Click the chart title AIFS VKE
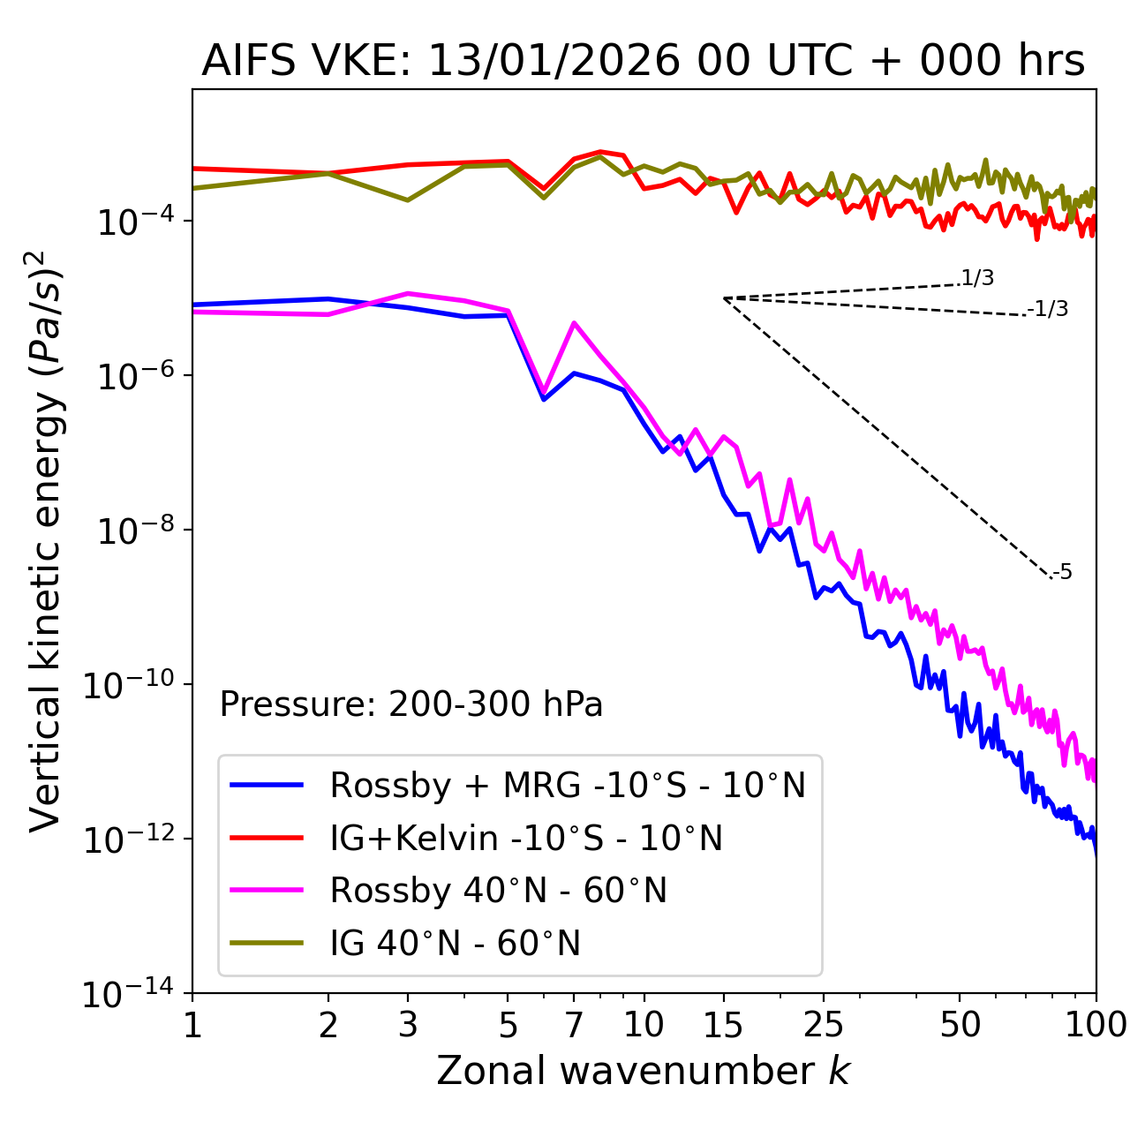[x=643, y=61]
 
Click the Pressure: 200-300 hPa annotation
[x=411, y=704]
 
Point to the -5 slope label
[x=1063, y=573]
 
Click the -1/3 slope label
[x=1049, y=309]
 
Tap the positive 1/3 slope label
[x=978, y=279]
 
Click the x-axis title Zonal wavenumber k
[x=643, y=1071]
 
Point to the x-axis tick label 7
[x=574, y=1025]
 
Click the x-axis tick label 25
[x=824, y=1025]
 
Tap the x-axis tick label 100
[x=1095, y=1025]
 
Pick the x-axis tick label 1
[x=192, y=1025]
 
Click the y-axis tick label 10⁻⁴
[x=133, y=222]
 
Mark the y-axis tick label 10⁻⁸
[x=133, y=531]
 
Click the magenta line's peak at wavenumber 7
[x=574, y=323]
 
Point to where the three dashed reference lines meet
[x=724, y=298]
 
